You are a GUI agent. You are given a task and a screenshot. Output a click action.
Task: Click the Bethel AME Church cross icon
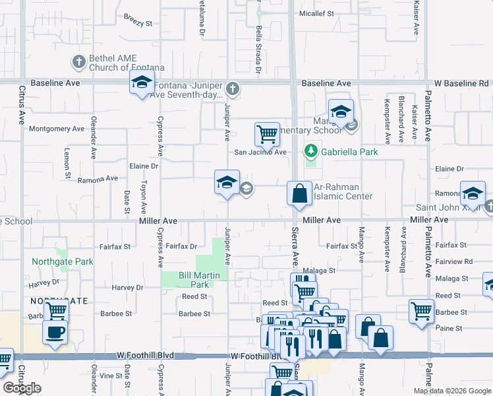coord(78,63)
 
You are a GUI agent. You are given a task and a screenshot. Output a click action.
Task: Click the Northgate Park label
coord(63,261)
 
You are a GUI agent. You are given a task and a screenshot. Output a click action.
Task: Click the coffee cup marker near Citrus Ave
coord(55,331)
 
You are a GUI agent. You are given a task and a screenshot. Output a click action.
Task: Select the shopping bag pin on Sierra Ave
coord(299,193)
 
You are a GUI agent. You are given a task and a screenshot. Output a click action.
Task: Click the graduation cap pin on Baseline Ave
coord(142,83)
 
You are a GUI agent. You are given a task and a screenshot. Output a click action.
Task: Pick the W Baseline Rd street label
coord(463,84)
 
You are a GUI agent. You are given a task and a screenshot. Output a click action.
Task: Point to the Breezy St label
coord(138,22)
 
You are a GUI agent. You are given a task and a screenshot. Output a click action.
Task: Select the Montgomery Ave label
coord(57,129)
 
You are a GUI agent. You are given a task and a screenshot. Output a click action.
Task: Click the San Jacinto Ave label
coord(261,152)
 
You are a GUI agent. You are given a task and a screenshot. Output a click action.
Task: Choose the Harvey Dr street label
coord(127,288)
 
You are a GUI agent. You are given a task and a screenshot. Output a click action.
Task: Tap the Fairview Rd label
coord(455,261)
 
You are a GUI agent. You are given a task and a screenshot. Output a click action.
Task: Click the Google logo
coord(22,388)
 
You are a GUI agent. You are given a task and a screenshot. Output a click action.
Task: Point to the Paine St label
coord(449,328)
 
